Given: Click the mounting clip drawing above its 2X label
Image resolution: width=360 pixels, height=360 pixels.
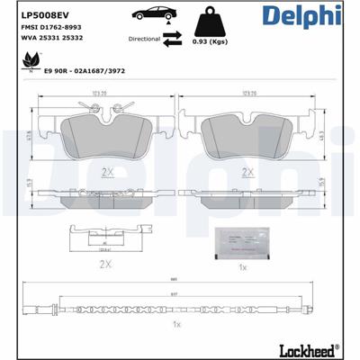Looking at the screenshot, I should pos(106,236).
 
